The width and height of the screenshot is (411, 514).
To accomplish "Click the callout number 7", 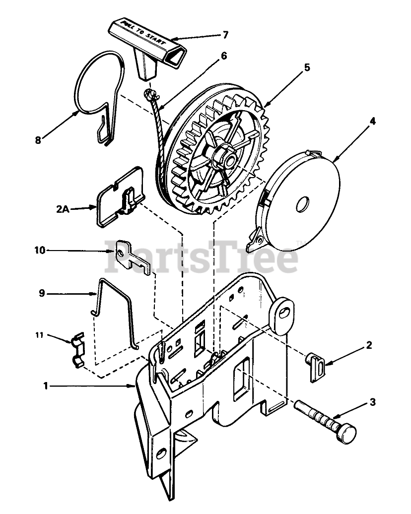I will pyautogui.click(x=225, y=35).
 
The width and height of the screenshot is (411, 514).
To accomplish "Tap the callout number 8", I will pyautogui.click(x=38, y=140).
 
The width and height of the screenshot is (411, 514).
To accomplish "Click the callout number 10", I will pyautogui.click(x=40, y=251).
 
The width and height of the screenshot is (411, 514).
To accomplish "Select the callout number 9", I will pyautogui.click(x=42, y=294).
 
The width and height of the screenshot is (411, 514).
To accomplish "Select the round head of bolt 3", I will pyautogui.click(x=346, y=434).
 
